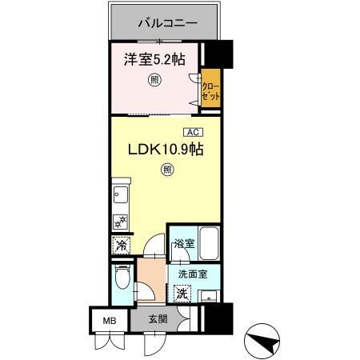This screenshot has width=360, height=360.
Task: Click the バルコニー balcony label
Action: pos(166,22)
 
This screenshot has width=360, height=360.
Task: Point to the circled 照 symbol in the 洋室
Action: pos(154,79)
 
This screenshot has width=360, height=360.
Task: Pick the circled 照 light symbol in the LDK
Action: pos(166,169)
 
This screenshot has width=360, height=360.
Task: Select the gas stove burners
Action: pos(120,222)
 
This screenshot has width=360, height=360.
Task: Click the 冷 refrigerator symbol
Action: pos(120,246)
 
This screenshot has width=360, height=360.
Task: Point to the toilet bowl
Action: pos(122,281)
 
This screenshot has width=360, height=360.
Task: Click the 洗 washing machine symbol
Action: pos(182,293)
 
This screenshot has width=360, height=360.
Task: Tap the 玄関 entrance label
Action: pos(158,319)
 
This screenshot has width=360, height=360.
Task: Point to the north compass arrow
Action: pos(266,338)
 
